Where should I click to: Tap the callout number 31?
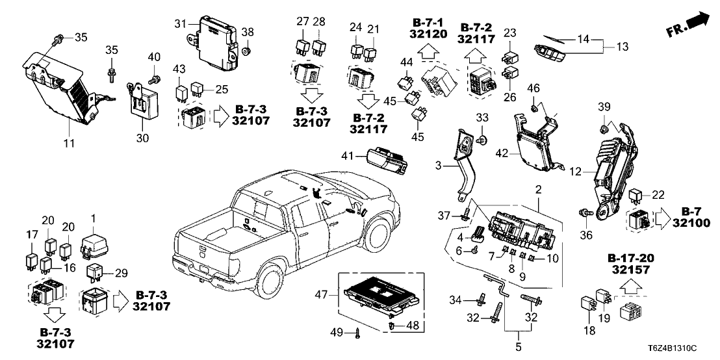(x=180, y=23)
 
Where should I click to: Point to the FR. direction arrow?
(x=688, y=25)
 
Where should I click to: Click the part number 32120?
(x=429, y=34)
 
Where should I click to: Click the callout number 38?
(x=247, y=31)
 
